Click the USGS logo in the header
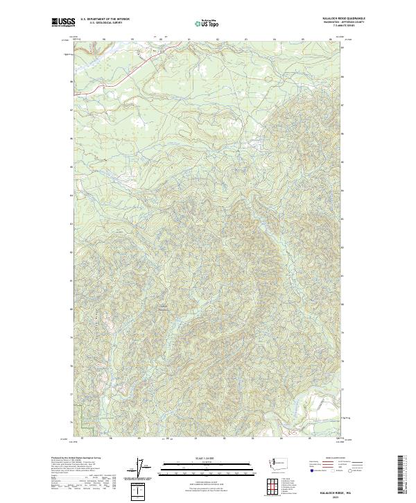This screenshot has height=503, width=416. point(62,22)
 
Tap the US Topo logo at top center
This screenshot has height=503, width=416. point(202,23)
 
